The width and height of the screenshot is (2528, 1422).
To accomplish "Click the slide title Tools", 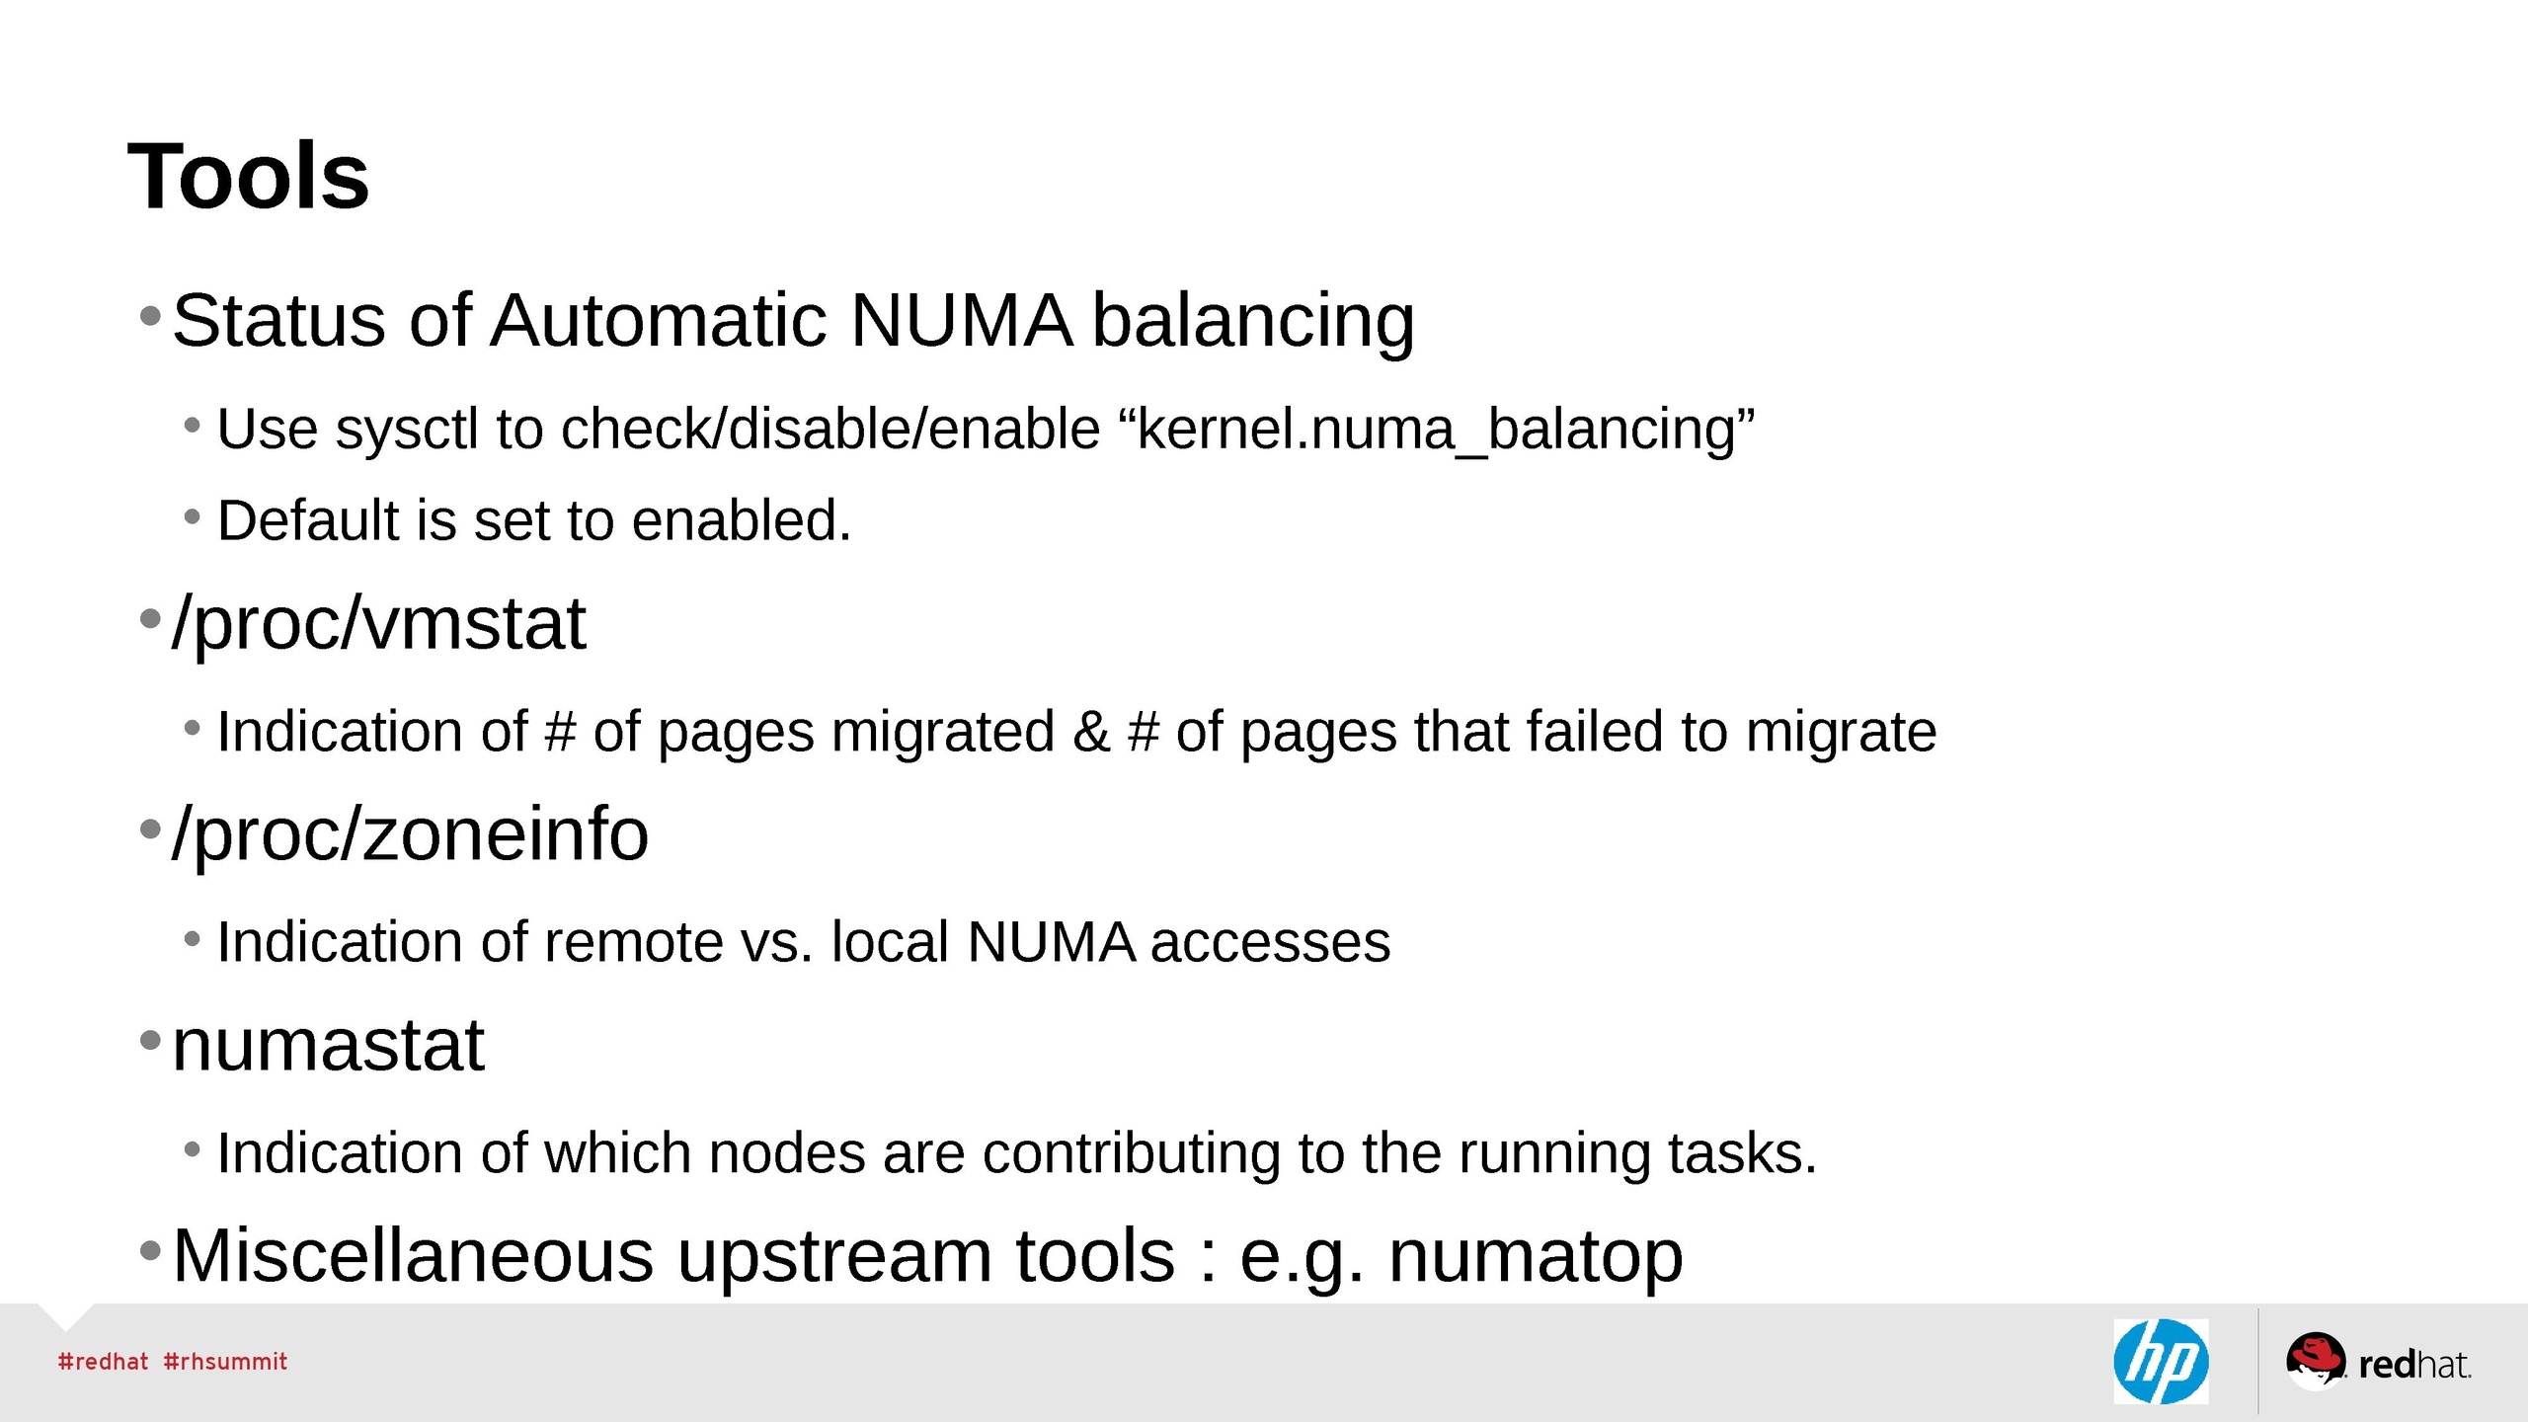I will click(x=249, y=177).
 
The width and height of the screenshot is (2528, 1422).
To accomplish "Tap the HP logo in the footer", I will click(x=2161, y=1362).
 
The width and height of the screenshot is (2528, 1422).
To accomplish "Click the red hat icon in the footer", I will click(x=2314, y=1358).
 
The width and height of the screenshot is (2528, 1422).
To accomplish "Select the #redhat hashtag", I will click(x=103, y=1362).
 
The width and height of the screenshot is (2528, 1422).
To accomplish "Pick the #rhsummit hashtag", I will click(x=225, y=1362).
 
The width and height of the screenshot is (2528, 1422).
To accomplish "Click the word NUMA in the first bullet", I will click(x=960, y=321).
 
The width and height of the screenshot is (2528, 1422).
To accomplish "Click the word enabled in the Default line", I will click(x=741, y=520).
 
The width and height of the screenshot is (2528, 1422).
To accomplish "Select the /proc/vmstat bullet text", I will click(x=379, y=624).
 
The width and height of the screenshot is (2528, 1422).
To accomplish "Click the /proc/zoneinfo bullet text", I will click(x=410, y=834).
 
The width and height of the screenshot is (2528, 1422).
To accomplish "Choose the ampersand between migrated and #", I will click(x=1090, y=732).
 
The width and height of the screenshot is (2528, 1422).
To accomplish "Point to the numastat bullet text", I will click(x=328, y=1045).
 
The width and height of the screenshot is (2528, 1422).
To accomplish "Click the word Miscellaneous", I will click(x=413, y=1256).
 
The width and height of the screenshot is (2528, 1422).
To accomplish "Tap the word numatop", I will click(x=1536, y=1256).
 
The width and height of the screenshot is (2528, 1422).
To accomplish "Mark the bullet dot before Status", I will click(x=150, y=317).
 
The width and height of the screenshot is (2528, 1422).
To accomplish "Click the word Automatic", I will click(x=658, y=321).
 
